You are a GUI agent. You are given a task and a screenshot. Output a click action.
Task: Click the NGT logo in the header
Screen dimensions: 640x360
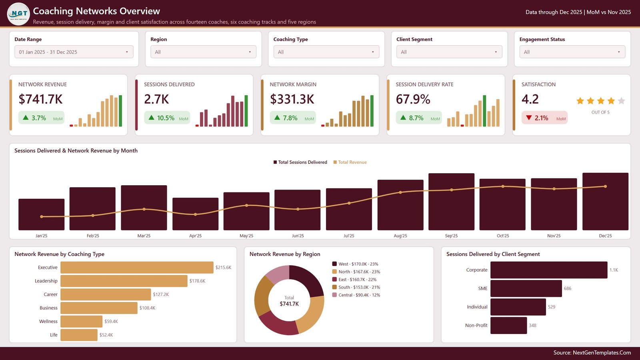18,14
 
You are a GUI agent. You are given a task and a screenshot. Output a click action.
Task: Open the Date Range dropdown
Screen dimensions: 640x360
74,52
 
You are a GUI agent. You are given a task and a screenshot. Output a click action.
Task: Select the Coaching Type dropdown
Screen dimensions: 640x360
326,52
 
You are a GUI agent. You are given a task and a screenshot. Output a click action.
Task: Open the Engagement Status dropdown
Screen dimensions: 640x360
572,52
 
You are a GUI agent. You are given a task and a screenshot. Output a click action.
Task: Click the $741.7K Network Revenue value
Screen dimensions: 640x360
40,99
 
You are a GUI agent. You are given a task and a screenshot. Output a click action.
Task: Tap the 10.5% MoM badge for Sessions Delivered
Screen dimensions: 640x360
167,118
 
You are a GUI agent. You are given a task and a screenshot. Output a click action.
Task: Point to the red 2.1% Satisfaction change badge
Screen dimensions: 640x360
544,118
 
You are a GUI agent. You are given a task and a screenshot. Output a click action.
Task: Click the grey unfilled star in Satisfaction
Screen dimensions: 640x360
621,101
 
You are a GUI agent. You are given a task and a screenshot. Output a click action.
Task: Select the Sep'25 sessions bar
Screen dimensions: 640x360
452,202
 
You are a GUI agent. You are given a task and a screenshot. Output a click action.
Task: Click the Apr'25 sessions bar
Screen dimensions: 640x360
196,214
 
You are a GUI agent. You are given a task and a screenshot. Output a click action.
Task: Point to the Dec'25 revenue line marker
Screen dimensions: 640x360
605,186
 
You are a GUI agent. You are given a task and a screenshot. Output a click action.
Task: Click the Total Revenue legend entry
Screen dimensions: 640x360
350,162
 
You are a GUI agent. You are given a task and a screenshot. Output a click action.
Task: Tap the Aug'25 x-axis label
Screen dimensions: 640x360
400,236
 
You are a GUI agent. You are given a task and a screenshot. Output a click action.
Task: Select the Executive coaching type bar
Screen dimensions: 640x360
137,268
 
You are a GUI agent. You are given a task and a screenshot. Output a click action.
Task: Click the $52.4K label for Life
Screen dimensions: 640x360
106,335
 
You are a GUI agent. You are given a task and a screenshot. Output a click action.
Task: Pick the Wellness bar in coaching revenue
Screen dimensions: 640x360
82,322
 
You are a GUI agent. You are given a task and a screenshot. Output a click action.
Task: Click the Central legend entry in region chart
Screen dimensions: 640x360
356,295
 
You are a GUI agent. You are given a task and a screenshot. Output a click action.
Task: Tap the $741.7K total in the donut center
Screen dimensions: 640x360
289,304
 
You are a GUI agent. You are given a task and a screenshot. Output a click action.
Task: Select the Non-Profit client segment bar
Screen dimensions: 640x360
508,326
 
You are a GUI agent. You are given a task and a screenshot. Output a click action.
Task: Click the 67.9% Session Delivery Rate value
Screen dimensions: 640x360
413,99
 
